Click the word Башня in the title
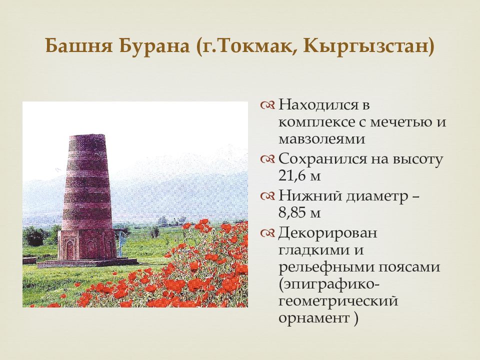click(79, 46)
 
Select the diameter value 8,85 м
click(299, 212)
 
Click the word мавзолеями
click(321, 139)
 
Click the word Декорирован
click(327, 233)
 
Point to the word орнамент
click(314, 318)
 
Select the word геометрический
click(338, 301)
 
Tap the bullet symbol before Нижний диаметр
click(267, 196)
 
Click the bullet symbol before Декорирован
click(267, 233)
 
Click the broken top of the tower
click(87, 135)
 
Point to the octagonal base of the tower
click(87, 244)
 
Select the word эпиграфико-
click(329, 284)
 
